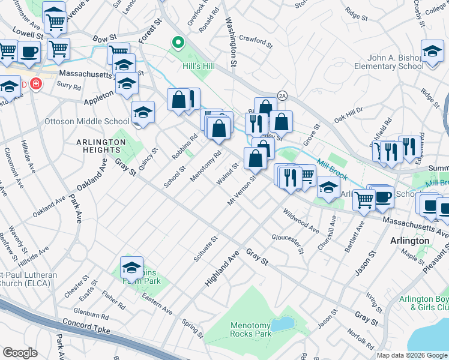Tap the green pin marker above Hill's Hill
[x=178, y=43]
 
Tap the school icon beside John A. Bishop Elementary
[x=432, y=52]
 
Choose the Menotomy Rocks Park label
[x=251, y=329]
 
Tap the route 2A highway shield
[x=282, y=96]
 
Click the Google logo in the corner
[x=20, y=352]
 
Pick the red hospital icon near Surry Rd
[x=37, y=83]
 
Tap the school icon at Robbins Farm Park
[x=131, y=268]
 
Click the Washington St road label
[x=231, y=35]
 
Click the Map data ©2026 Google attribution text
[x=411, y=355]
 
